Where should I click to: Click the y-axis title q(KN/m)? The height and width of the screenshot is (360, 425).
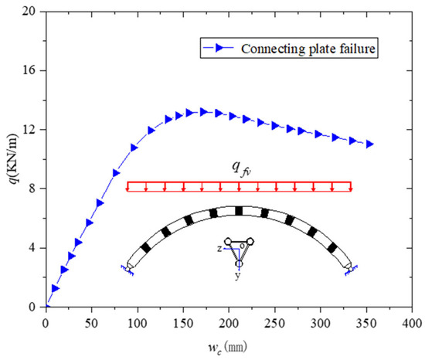pos(12,158)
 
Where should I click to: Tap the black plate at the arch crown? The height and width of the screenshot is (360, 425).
pos(239,211)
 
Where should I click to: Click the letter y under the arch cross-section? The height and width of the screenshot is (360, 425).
pos(239,276)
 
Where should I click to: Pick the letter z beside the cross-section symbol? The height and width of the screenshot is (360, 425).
pos(219,250)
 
